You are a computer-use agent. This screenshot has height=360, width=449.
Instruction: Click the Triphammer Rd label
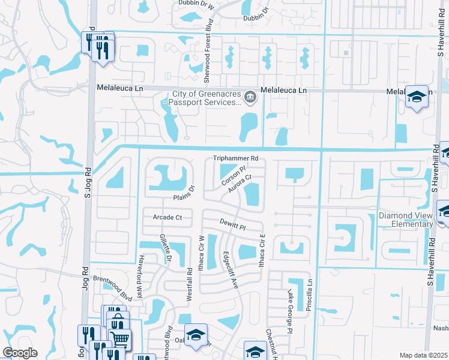(236, 158)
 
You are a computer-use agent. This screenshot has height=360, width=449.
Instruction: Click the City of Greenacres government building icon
(249, 96)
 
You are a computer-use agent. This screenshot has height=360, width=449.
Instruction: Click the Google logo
(19, 353)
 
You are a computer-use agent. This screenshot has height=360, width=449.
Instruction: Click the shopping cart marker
(120, 339)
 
